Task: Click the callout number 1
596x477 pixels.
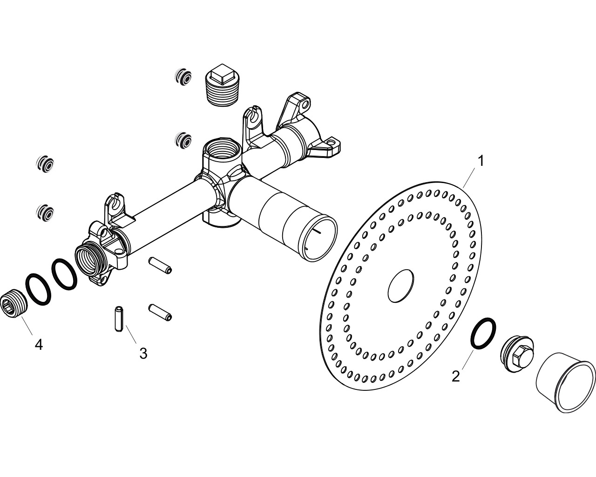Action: [x=481, y=161]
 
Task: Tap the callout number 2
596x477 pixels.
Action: [x=456, y=376]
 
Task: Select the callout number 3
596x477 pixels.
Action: [x=143, y=354]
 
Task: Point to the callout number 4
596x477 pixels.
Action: [x=39, y=345]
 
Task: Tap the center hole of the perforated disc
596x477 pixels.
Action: [x=401, y=286]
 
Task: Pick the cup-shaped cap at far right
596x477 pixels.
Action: [x=565, y=386]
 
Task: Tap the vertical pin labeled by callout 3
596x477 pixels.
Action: [x=119, y=318]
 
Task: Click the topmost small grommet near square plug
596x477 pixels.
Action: [x=183, y=76]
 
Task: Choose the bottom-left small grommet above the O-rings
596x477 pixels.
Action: [x=45, y=212]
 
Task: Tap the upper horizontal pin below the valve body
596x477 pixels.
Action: [x=160, y=265]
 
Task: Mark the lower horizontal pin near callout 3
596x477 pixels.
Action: [x=160, y=313]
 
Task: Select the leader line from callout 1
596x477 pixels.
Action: [x=469, y=177]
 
